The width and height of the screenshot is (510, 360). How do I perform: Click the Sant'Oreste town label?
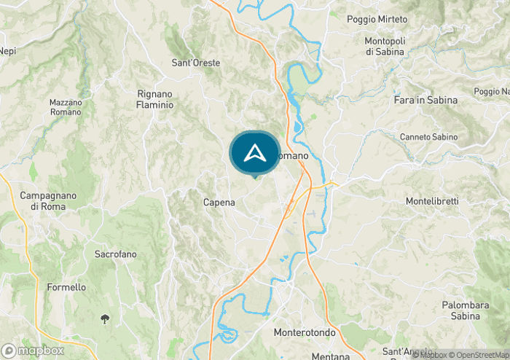click(195, 63)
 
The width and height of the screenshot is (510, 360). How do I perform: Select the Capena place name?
click(219, 203)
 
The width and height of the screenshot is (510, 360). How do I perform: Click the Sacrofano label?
click(116, 254)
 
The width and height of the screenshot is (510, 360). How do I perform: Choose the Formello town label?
click(66, 287)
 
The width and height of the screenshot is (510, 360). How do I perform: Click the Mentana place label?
click(331, 356)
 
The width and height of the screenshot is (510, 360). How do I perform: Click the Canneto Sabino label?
click(428, 137)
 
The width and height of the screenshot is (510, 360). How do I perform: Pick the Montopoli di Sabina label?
click(390, 47)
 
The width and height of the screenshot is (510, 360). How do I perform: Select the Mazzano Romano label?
click(66, 108)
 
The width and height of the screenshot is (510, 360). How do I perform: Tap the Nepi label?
click(7, 51)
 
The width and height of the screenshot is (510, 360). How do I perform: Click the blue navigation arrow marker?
click(254, 153)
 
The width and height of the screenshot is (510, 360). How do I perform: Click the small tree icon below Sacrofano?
click(106, 318)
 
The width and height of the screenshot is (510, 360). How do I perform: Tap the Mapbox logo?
click(34, 350)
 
